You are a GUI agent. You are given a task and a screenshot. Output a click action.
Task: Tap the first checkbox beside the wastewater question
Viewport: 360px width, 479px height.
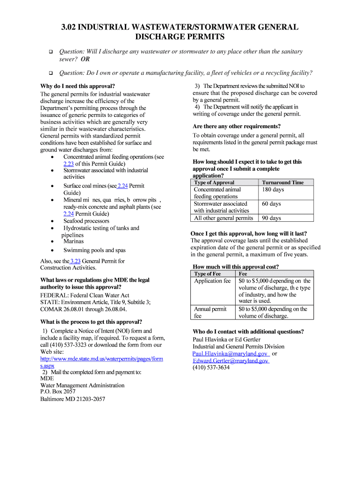pyautogui.click(x=47, y=52)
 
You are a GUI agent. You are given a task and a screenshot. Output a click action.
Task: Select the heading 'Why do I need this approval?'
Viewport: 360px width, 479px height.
pyautogui.click(x=78, y=86)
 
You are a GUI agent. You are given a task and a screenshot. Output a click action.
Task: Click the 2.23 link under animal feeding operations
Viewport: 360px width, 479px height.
pyautogui.click(x=68, y=164)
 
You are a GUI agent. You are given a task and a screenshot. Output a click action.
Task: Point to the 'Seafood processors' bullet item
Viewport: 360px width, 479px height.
pyautogui.click(x=86, y=221)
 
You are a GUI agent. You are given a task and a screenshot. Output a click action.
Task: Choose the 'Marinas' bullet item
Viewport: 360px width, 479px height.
pyautogui.click(x=73, y=241)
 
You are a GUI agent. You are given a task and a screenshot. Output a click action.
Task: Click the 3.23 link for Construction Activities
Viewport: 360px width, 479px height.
pyautogui.click(x=75, y=261)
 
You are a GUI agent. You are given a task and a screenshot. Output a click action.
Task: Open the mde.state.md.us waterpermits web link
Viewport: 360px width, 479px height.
pyautogui.click(x=101, y=359)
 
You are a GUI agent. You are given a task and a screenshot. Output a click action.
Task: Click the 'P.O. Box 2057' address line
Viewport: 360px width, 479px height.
pyautogui.click(x=58, y=392)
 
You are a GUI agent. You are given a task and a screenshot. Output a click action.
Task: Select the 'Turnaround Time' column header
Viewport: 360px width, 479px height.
pyautogui.click(x=282, y=182)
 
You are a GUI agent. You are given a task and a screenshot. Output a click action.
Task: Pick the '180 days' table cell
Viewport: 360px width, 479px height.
pyautogui.click(x=273, y=189)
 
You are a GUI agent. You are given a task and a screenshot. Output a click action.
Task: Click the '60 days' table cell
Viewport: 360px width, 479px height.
pyautogui.click(x=271, y=204)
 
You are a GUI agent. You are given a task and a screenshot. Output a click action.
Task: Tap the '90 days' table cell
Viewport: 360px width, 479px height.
pyautogui.click(x=271, y=218)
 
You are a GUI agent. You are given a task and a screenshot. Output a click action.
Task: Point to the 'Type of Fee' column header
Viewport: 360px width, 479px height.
pyautogui.click(x=207, y=274)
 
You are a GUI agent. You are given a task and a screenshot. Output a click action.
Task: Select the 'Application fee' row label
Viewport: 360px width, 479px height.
pyautogui.click(x=212, y=281)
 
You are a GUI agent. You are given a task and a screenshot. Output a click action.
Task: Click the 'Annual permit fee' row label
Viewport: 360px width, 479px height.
pyautogui.click(x=210, y=312)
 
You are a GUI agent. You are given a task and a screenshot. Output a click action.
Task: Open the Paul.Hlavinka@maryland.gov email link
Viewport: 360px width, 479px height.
pyautogui.click(x=230, y=354)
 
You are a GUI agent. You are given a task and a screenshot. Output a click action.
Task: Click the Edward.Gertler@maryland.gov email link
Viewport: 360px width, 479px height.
pyautogui.click(x=230, y=361)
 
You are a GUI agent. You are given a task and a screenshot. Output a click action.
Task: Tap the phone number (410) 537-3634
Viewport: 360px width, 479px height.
pyautogui.click(x=211, y=368)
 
